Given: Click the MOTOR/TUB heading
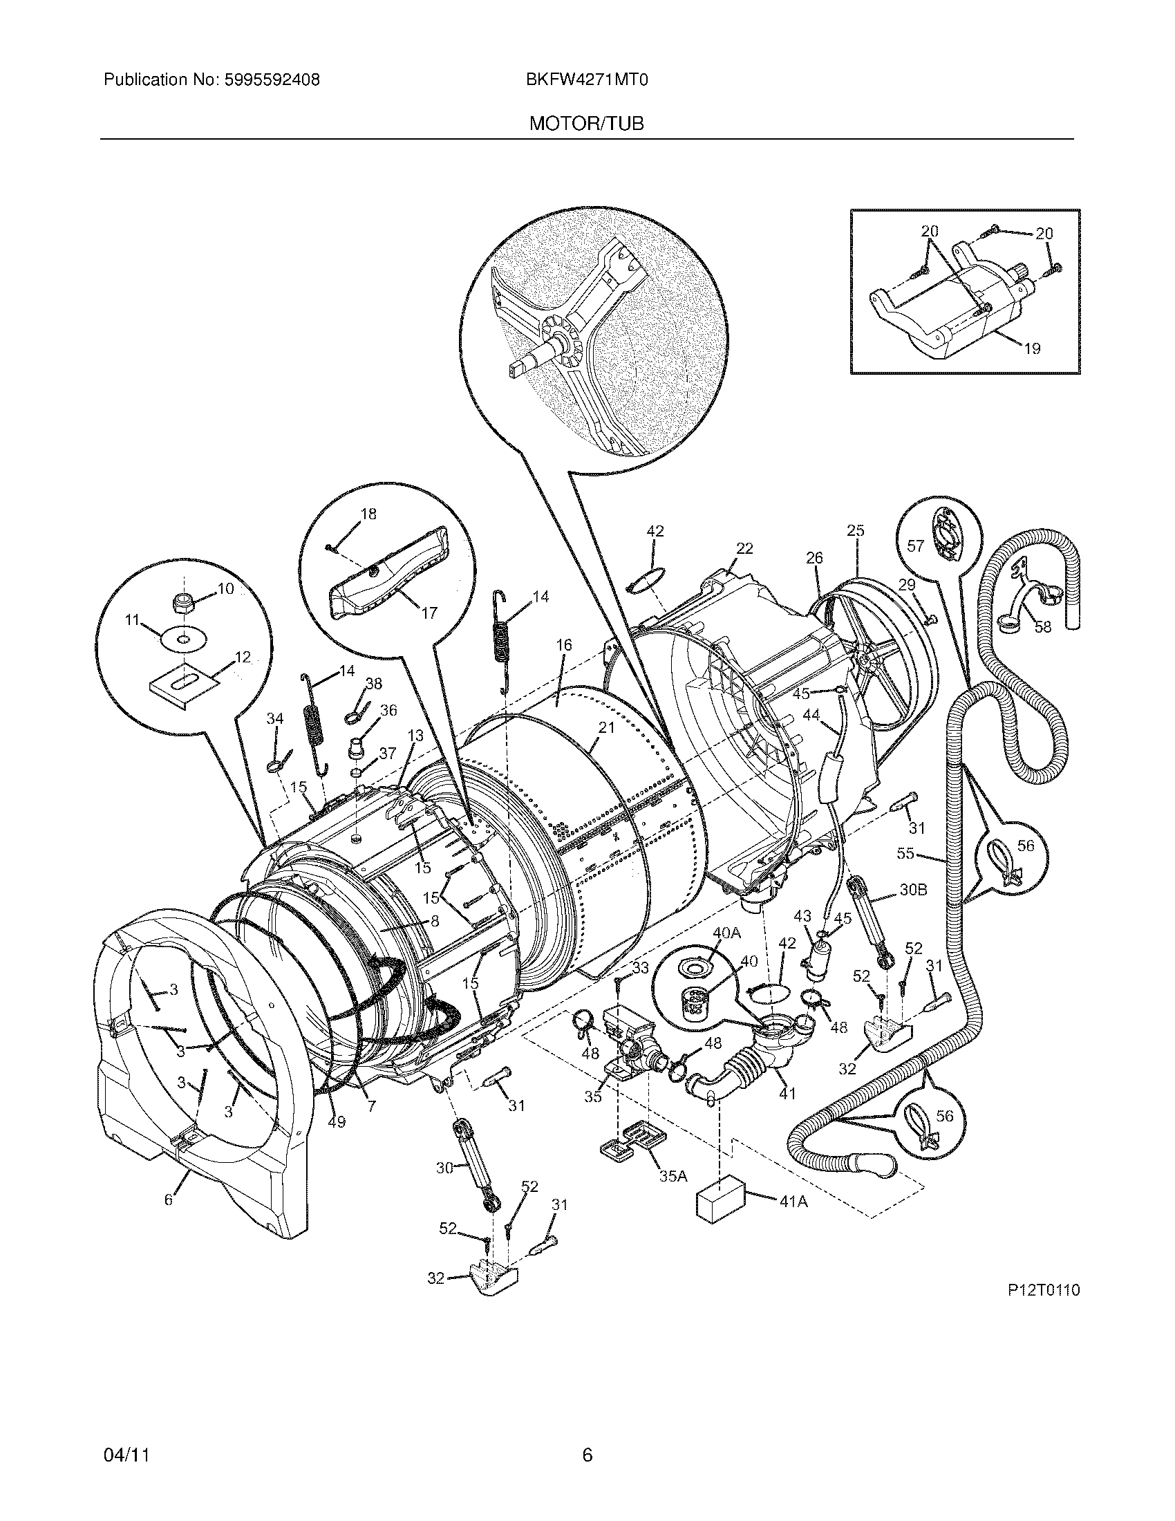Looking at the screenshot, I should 586,124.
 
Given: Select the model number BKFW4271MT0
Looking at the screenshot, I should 587,80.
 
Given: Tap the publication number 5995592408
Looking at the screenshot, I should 272,80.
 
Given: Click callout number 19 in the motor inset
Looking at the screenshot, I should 1033,348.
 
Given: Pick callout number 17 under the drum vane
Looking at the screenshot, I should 429,613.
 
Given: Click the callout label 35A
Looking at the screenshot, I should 673,1176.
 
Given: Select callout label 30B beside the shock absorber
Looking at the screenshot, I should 913,890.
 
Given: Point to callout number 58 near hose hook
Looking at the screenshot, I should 1043,627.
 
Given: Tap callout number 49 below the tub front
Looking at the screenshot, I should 336,1123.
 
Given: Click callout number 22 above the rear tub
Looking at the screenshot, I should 744,548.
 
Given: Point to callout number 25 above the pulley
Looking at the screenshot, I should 856,531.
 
